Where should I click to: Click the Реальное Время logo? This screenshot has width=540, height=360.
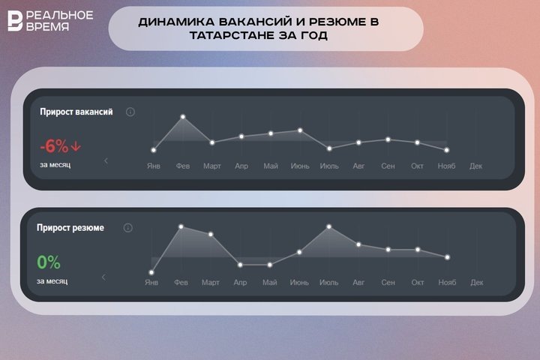tap(50, 20)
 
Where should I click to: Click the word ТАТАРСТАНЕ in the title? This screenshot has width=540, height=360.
tap(180, 35)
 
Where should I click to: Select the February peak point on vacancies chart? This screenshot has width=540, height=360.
tap(182, 117)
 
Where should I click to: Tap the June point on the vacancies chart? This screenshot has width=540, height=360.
tap(300, 130)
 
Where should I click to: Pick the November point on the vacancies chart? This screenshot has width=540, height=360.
tap(446, 150)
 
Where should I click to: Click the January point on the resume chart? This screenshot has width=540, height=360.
tap(151, 272)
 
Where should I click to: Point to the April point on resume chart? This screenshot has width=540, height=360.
tap(240, 264)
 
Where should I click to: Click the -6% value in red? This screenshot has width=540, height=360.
tap(54, 147)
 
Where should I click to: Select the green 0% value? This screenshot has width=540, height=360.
tap(49, 262)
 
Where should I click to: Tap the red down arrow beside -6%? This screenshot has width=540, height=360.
tap(76, 146)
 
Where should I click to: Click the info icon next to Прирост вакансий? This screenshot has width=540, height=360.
tap(130, 112)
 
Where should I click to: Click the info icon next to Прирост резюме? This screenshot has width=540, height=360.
tap(128, 227)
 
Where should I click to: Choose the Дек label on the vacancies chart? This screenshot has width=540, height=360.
tap(475, 166)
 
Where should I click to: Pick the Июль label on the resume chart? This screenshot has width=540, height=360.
tap(328, 283)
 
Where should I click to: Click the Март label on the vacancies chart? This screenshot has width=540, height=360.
tap(211, 166)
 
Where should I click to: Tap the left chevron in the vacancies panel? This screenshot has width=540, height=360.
tap(106, 160)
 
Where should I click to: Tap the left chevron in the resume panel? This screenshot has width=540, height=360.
tap(103, 277)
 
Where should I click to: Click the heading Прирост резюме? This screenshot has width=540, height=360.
tap(70, 227)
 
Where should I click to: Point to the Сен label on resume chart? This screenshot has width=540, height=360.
tap(388, 283)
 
